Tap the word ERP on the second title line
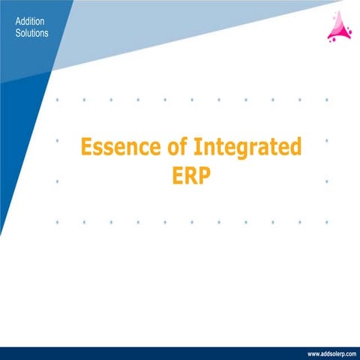[x=191, y=178]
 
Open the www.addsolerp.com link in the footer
[x=330, y=352]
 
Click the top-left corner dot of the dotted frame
[x=57, y=99]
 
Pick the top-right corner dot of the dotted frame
[x=326, y=99]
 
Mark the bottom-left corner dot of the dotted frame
[x=57, y=222]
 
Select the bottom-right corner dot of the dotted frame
[x=326, y=222]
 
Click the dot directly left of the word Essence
[x=57, y=140]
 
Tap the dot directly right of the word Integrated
[x=326, y=140]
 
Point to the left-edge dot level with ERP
[x=57, y=181]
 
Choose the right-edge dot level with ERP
[x=326, y=181]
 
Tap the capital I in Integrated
[x=194, y=146]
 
